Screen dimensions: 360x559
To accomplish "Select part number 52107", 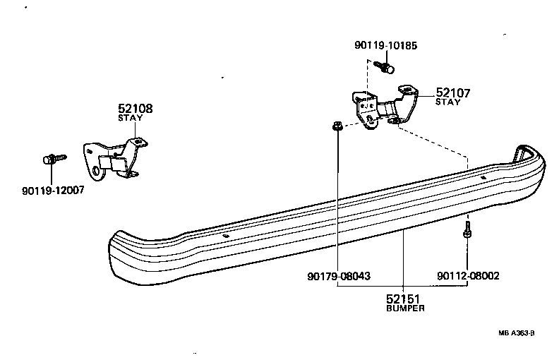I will click(452, 92).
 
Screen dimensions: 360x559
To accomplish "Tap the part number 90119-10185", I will click(385, 46).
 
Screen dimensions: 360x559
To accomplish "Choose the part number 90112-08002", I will click(467, 276).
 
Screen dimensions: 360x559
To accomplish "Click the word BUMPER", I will click(406, 308).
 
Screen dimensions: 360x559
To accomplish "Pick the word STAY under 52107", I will click(447, 102).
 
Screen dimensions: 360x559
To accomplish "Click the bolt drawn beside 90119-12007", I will click(53, 159).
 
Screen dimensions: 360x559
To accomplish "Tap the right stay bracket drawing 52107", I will click(385, 106).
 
